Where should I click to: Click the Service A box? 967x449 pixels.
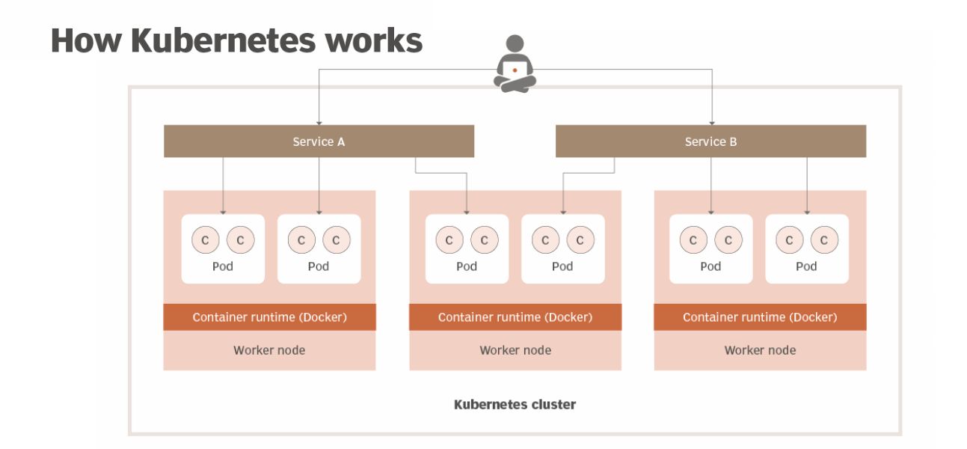pyautogui.click(x=319, y=141)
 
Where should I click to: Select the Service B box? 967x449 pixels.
pyautogui.click(x=710, y=141)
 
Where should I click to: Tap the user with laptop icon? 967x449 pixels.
pyautogui.click(x=514, y=64)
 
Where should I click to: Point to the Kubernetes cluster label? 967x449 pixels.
pyautogui.click(x=515, y=405)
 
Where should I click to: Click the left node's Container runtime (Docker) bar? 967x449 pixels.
pyautogui.click(x=269, y=317)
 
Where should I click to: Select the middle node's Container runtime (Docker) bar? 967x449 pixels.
pyautogui.click(x=515, y=317)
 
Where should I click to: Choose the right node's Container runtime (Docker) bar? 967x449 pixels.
pyautogui.click(x=760, y=317)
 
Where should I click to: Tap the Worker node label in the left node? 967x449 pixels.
pyautogui.click(x=269, y=350)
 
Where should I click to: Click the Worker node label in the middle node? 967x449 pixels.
pyautogui.click(x=515, y=350)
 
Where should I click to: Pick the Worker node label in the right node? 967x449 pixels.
pyautogui.click(x=760, y=350)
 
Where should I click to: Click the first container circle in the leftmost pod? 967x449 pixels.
pyautogui.click(x=205, y=240)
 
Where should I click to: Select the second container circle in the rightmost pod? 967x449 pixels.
pyautogui.click(x=824, y=240)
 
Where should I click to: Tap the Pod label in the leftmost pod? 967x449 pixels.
pyautogui.click(x=223, y=266)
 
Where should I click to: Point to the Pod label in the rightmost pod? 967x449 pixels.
pyautogui.click(x=806, y=266)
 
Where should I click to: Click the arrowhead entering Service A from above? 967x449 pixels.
pyautogui.click(x=319, y=121)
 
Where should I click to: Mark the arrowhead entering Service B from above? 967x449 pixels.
pyautogui.click(x=711, y=121)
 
